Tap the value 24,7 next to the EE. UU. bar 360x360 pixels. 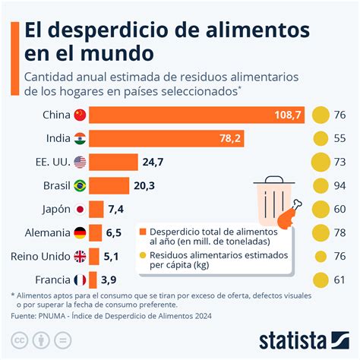tap(153, 162)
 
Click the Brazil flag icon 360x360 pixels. tap(79, 185)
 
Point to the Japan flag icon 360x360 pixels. tap(79, 209)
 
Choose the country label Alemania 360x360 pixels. tap(43, 232)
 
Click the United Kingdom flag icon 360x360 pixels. tap(79, 256)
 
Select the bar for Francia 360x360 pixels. tap(93, 279)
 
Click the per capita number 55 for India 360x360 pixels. tap(340, 139)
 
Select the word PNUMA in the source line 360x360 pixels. tap(60, 315)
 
